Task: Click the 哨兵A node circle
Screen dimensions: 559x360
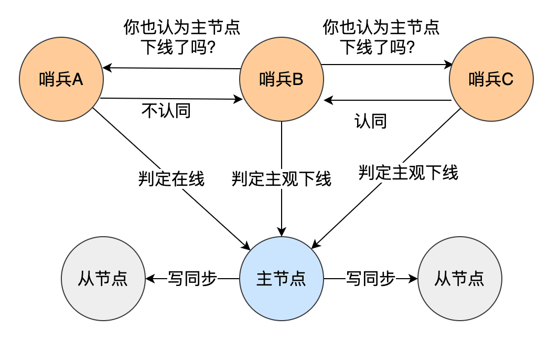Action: click(61, 80)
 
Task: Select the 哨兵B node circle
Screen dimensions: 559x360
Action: click(281, 80)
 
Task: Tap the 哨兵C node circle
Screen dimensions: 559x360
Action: click(491, 80)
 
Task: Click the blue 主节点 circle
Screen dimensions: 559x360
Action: click(281, 279)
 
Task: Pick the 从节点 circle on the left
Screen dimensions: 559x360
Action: click(103, 279)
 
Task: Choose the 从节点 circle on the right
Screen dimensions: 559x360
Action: click(459, 279)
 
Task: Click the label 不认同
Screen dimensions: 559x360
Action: click(166, 111)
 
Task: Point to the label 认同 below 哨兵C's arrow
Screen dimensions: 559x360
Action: click(371, 121)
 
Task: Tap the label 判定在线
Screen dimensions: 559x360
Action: click(171, 179)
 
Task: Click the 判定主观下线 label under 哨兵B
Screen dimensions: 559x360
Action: click(282, 179)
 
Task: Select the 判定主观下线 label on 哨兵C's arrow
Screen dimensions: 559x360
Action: click(408, 172)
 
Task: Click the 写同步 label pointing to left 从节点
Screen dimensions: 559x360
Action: click(192, 279)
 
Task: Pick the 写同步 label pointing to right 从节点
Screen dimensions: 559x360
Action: click(370, 279)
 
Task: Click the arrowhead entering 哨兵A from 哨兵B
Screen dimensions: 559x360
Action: click(106, 68)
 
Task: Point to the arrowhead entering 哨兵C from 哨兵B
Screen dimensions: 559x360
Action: click(449, 65)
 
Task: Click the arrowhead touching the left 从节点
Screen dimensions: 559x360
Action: click(148, 279)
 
